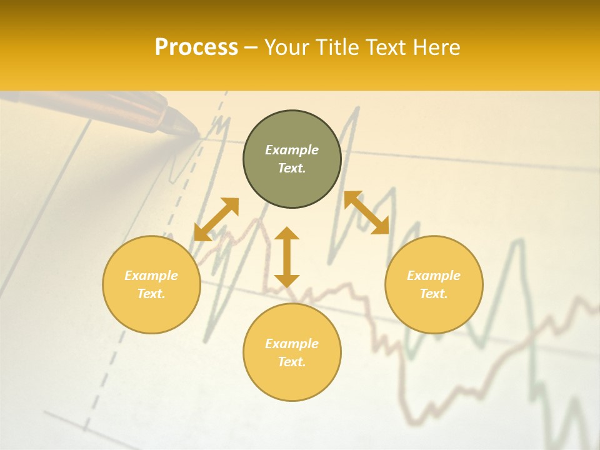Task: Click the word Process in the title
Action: pyautogui.click(x=196, y=47)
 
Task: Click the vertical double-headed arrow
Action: pyautogui.click(x=287, y=257)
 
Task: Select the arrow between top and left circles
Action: pyautogui.click(x=216, y=219)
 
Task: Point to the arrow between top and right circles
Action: pyautogui.click(x=366, y=212)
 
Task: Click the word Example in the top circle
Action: pyautogui.click(x=292, y=150)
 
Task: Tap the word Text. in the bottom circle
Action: pyautogui.click(x=292, y=362)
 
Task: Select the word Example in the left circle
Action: pyautogui.click(x=151, y=276)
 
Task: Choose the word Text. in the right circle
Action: pyautogui.click(x=434, y=294)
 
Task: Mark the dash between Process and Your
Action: pyautogui.click(x=251, y=48)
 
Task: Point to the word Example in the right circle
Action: pyautogui.click(x=434, y=276)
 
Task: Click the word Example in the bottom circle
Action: pyautogui.click(x=292, y=344)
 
